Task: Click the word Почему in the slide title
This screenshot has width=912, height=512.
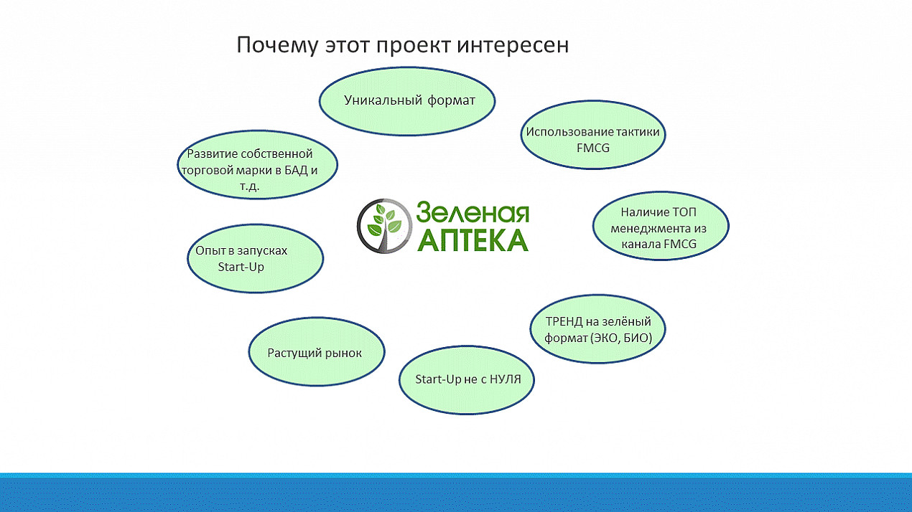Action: [x=277, y=45]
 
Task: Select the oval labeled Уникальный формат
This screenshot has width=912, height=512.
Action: [x=407, y=101]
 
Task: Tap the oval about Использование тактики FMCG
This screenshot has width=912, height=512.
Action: [x=593, y=135]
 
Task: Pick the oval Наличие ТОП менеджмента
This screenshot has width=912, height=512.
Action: [x=661, y=226]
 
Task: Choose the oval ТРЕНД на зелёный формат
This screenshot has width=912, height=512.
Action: [x=597, y=329]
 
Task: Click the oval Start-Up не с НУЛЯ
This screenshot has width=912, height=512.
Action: [x=467, y=380]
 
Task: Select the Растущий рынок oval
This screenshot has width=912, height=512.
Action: [x=317, y=352]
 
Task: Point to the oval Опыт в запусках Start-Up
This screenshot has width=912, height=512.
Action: [x=255, y=258]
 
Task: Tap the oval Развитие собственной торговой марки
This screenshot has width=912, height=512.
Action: [x=257, y=165]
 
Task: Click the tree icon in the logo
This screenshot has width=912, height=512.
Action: [x=385, y=226]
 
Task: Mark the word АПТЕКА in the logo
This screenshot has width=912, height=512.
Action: [x=473, y=240]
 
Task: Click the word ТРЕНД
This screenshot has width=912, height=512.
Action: [x=564, y=321]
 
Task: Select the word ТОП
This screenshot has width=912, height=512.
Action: [x=684, y=212]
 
